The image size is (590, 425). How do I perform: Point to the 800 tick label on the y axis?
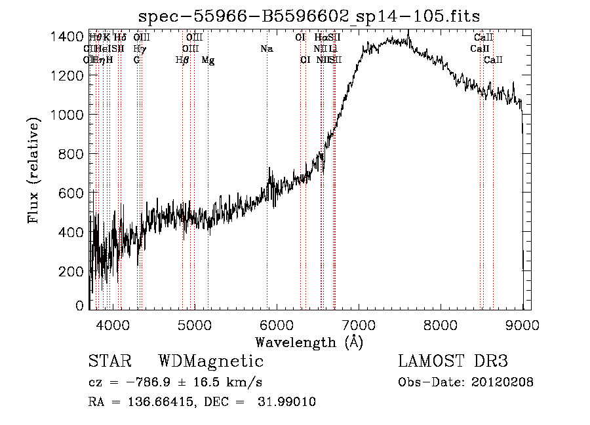71,154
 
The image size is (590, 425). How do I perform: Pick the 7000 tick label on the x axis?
359,324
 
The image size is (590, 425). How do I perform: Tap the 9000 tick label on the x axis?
522,324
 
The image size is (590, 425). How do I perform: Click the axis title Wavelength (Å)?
309,342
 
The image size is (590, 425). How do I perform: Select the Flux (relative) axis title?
34,170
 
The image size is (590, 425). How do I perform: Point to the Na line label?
266,49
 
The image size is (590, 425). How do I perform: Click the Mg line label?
208,60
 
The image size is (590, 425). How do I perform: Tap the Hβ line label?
182,60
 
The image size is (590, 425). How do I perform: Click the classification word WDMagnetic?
210,361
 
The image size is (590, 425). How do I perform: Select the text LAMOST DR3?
453,361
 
